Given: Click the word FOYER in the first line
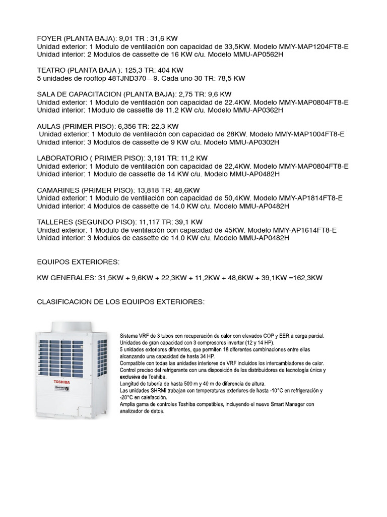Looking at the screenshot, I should [49, 39].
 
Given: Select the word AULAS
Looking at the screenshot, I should [49, 126].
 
